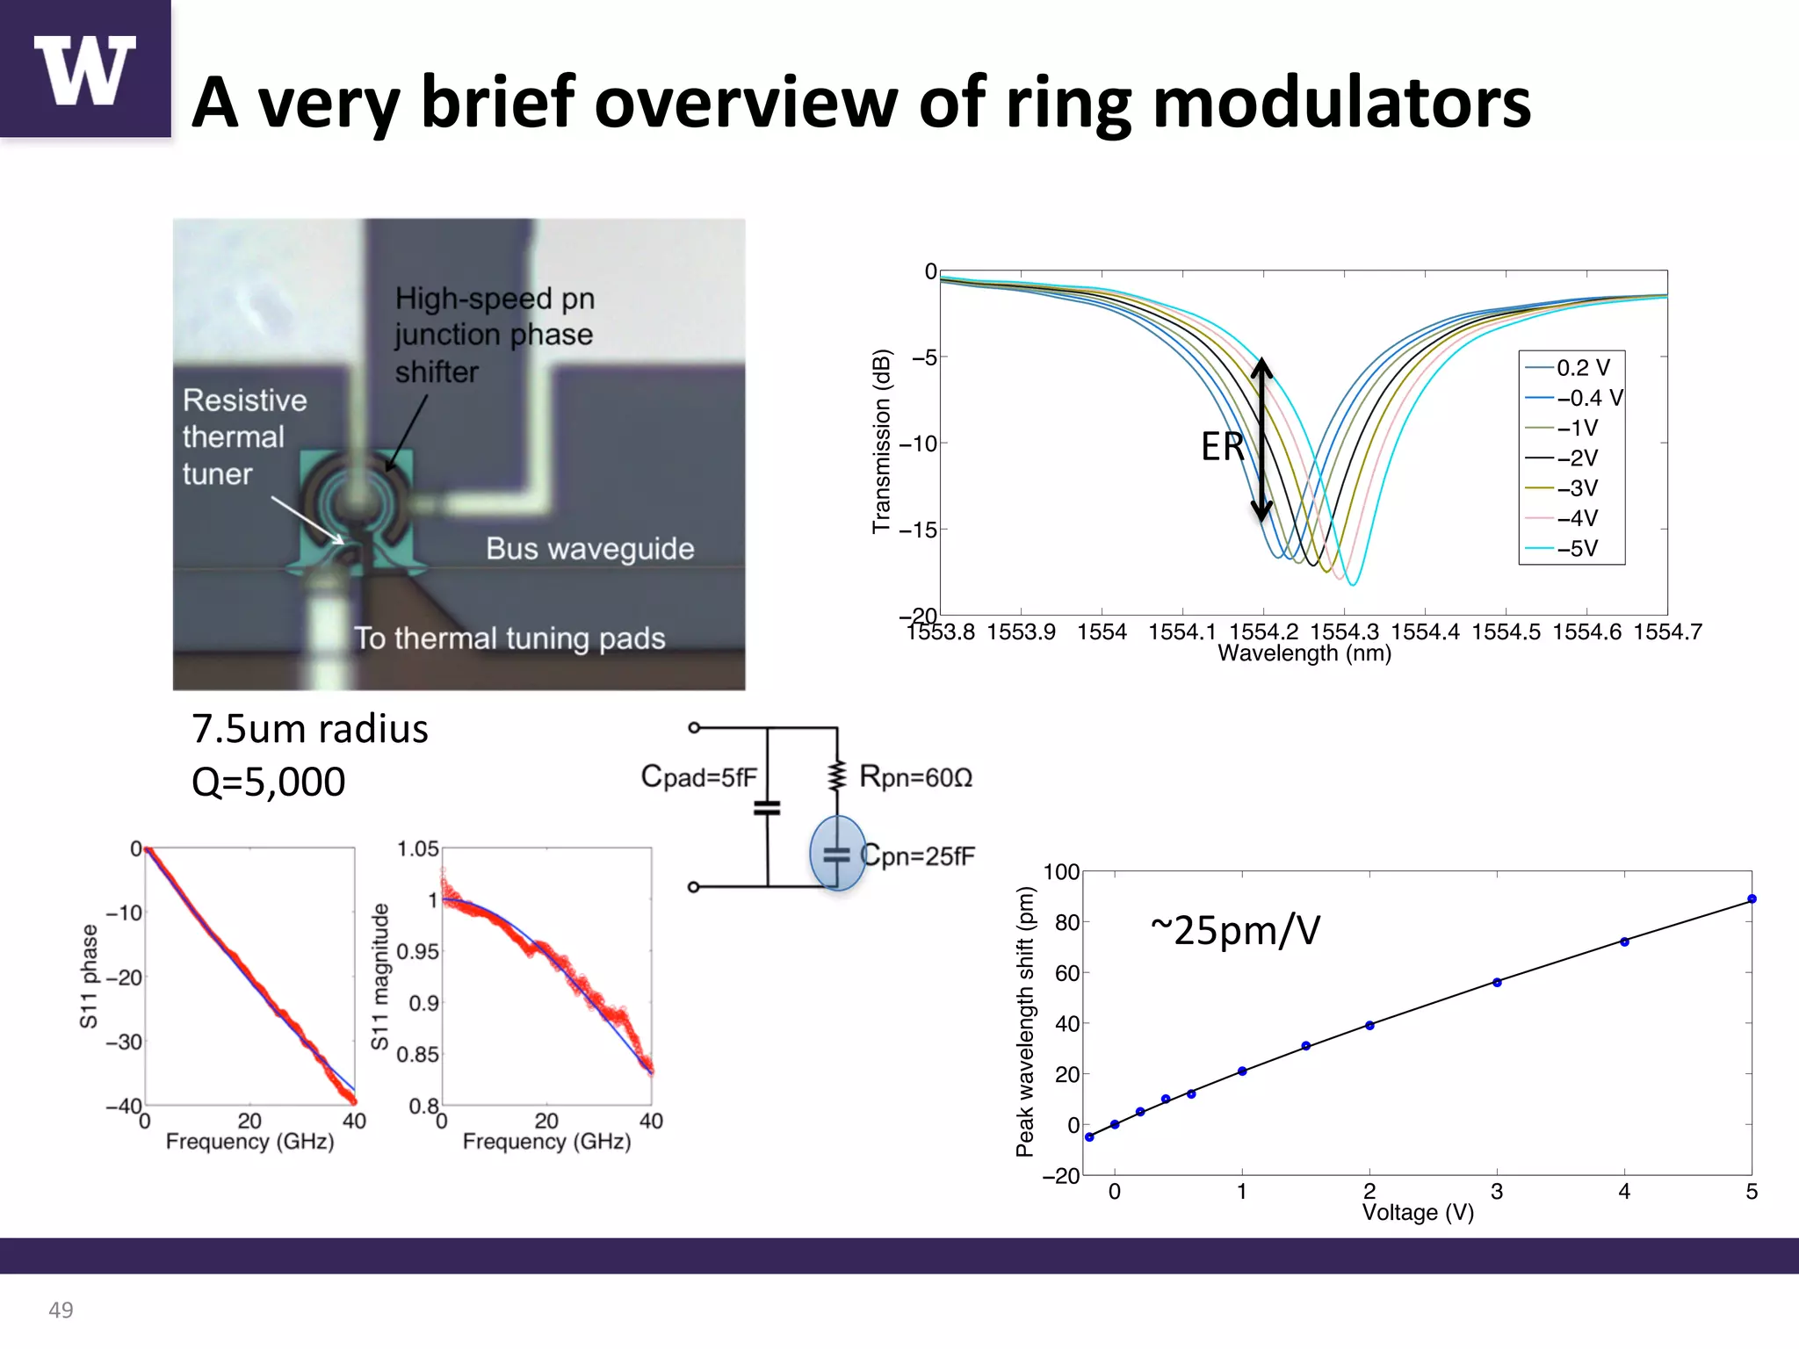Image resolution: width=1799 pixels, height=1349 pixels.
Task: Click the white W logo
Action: click(84, 70)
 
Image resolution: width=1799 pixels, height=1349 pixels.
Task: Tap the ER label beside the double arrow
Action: click(1222, 446)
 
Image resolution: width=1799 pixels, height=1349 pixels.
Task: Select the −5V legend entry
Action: click(1577, 549)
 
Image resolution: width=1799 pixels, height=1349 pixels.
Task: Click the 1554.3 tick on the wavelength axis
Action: click(1344, 631)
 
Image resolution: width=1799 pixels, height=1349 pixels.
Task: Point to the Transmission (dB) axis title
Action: click(881, 441)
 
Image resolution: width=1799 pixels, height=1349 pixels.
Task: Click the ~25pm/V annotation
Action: click(1235, 929)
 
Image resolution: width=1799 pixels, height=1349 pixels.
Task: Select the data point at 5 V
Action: click(1752, 898)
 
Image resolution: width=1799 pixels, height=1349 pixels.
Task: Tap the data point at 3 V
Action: click(1497, 982)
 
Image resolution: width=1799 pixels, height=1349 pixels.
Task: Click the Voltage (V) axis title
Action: click(1417, 1213)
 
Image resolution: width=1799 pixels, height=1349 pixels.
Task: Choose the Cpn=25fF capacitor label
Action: click(917, 855)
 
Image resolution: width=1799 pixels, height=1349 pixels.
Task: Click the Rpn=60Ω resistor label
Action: click(915, 777)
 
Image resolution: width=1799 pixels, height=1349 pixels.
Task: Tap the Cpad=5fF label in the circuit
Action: click(698, 777)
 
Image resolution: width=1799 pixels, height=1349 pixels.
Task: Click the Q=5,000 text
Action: click(268, 782)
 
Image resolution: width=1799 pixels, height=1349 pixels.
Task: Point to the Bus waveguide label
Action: click(589, 549)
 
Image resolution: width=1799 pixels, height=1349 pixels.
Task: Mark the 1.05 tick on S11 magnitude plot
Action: click(417, 849)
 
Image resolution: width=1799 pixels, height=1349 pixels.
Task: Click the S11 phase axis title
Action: click(89, 976)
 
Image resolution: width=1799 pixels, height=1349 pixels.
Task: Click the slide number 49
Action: click(61, 1309)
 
